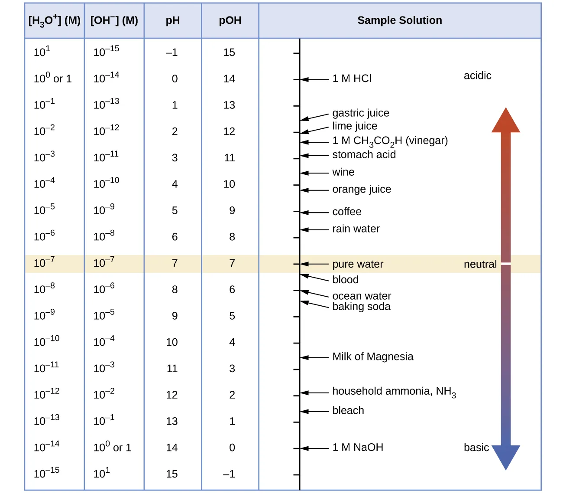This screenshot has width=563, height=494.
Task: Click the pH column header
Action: click(172, 21)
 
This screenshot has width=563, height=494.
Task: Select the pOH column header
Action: click(230, 21)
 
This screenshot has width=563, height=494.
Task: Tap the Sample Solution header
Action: click(399, 20)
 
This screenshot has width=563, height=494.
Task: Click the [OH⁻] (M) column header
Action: click(114, 21)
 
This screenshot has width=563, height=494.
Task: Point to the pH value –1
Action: click(171, 52)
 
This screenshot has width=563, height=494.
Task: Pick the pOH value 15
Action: click(229, 52)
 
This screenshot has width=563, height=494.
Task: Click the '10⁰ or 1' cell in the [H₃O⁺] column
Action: click(52, 79)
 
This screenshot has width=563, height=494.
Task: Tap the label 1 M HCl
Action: click(352, 79)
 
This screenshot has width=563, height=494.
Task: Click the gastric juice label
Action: click(360, 113)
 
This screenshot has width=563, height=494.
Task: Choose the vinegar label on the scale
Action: click(390, 141)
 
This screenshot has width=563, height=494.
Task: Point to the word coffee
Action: click(346, 212)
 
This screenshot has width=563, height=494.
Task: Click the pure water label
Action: click(357, 264)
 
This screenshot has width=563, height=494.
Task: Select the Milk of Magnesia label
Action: click(372, 357)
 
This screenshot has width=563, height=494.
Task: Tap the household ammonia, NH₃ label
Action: click(394, 392)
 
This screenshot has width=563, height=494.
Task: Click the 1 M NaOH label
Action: click(357, 447)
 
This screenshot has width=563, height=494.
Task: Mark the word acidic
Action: click(477, 75)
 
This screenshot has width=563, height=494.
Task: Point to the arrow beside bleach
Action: click(314, 411)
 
